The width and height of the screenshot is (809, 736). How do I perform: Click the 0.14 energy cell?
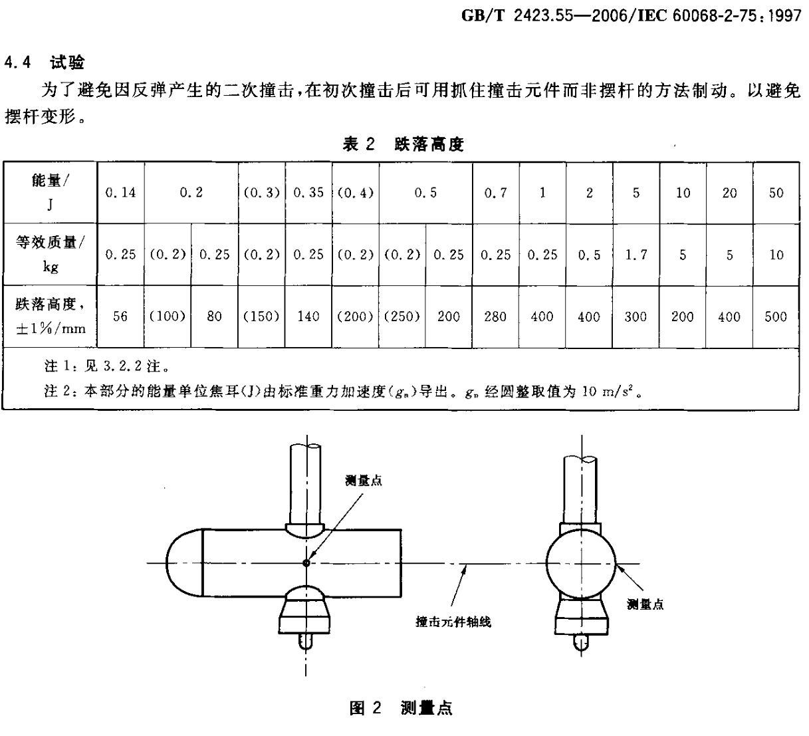[x=120, y=193]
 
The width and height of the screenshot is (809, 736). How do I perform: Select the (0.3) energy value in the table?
[x=261, y=193]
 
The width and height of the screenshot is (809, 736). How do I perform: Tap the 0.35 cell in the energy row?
[x=308, y=193]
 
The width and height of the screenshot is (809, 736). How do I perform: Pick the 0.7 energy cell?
[x=495, y=193]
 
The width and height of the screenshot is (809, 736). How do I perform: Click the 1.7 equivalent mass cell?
[x=636, y=255]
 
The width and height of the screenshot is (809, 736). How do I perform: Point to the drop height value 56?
[x=120, y=316]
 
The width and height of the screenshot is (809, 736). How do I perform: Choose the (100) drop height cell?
[x=167, y=316]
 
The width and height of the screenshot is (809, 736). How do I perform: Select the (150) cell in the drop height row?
[x=261, y=316]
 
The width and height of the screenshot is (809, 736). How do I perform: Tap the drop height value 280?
[x=495, y=316]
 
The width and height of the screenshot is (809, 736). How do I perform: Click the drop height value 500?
[x=776, y=316]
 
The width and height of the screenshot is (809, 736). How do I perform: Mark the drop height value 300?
[x=636, y=316]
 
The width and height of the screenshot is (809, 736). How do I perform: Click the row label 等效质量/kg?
[x=50, y=255]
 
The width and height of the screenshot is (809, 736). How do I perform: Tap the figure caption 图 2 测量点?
[x=401, y=708]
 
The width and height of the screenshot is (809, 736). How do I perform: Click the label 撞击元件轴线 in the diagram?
[x=453, y=622]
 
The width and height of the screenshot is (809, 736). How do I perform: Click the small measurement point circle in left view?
[x=306, y=563]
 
